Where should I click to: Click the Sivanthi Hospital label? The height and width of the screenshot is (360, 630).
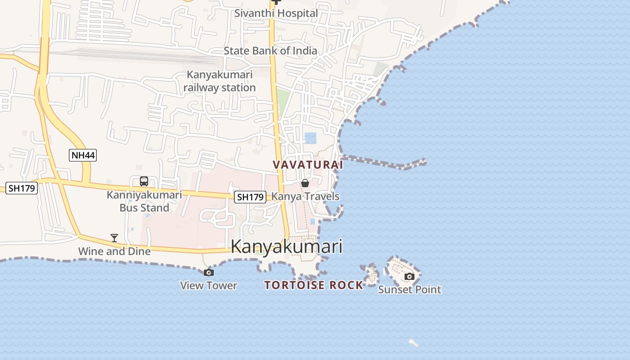point(276,13)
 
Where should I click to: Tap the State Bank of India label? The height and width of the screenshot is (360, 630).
point(270,51)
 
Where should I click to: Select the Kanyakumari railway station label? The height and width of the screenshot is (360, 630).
point(220,81)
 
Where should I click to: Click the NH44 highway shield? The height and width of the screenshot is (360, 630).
point(83,156)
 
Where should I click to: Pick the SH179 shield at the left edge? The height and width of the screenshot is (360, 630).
point(22,188)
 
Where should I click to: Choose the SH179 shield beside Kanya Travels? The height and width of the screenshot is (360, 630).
point(250,197)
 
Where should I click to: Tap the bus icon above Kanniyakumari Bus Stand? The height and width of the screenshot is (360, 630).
point(144,181)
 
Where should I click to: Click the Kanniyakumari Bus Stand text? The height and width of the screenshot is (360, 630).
point(144,201)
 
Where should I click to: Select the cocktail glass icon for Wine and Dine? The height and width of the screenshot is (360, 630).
point(114,238)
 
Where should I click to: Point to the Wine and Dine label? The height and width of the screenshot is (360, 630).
point(114,251)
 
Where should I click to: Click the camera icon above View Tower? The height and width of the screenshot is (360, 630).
point(208,272)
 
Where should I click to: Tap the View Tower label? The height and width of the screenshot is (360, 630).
point(208,285)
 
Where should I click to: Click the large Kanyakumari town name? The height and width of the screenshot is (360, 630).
point(287,247)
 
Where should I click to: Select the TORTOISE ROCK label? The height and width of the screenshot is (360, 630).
point(314,285)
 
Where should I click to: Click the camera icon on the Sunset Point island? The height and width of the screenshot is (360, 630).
point(409,276)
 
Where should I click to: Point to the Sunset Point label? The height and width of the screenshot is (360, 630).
point(409,289)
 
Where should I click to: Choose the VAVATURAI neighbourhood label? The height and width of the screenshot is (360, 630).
point(308,165)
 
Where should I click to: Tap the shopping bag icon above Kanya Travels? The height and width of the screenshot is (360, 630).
point(305,183)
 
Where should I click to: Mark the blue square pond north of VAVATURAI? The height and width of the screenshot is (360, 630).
point(310,138)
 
